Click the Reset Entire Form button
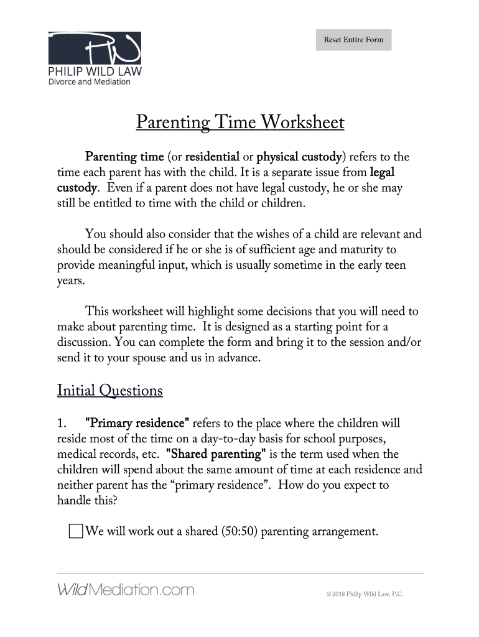point(353,40)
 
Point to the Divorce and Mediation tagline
point(90,81)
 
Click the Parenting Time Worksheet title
point(240,123)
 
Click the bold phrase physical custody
point(300,156)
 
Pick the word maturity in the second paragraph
point(352,250)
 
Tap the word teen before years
point(393,266)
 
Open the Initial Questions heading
point(110,391)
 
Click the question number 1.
point(62,424)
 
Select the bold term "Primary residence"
point(137,424)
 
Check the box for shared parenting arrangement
point(75,532)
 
